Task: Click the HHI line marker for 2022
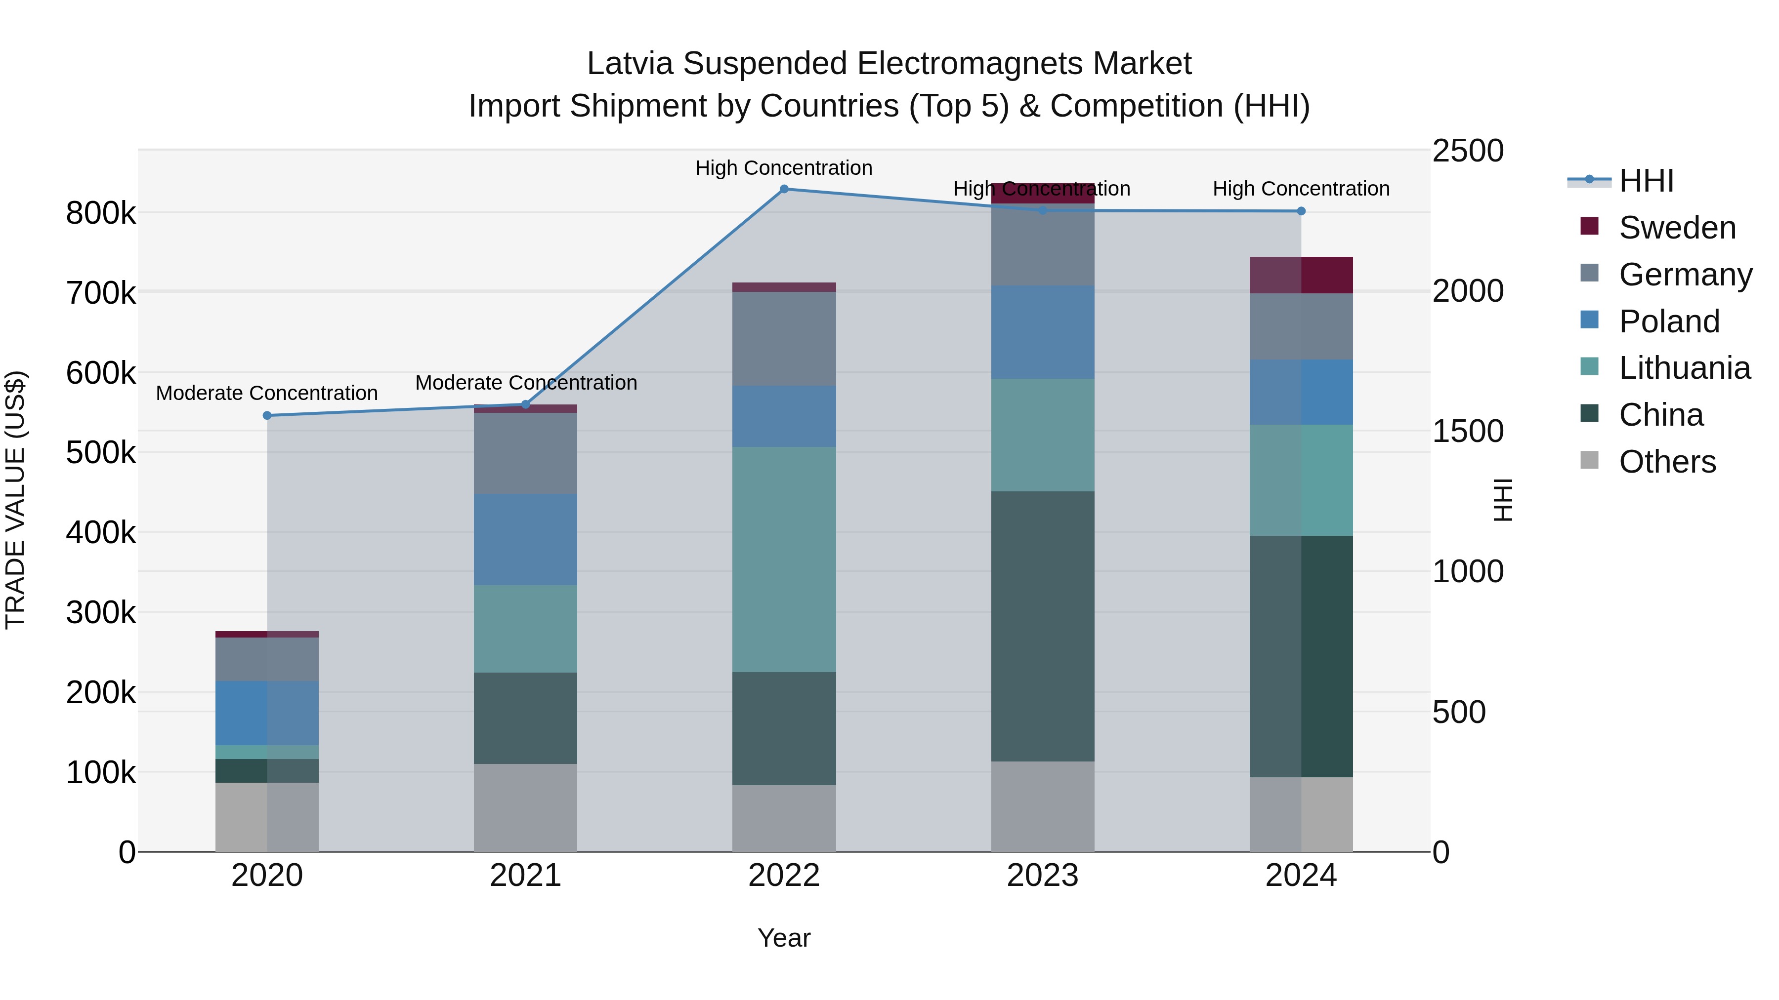(x=784, y=189)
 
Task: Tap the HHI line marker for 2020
(x=267, y=415)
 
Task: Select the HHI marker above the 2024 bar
(x=1301, y=211)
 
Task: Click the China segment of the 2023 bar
(x=1043, y=626)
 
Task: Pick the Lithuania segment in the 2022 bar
(x=784, y=559)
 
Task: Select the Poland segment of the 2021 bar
(x=526, y=540)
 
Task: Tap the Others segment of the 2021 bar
(x=526, y=807)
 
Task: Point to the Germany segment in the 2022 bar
(x=784, y=338)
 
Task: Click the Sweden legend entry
(x=1677, y=228)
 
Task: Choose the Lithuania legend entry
(x=1684, y=368)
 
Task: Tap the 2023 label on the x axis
(x=1043, y=875)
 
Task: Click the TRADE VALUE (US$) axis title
(x=15, y=500)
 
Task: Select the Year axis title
(x=784, y=938)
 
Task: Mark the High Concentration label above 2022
(x=784, y=168)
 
